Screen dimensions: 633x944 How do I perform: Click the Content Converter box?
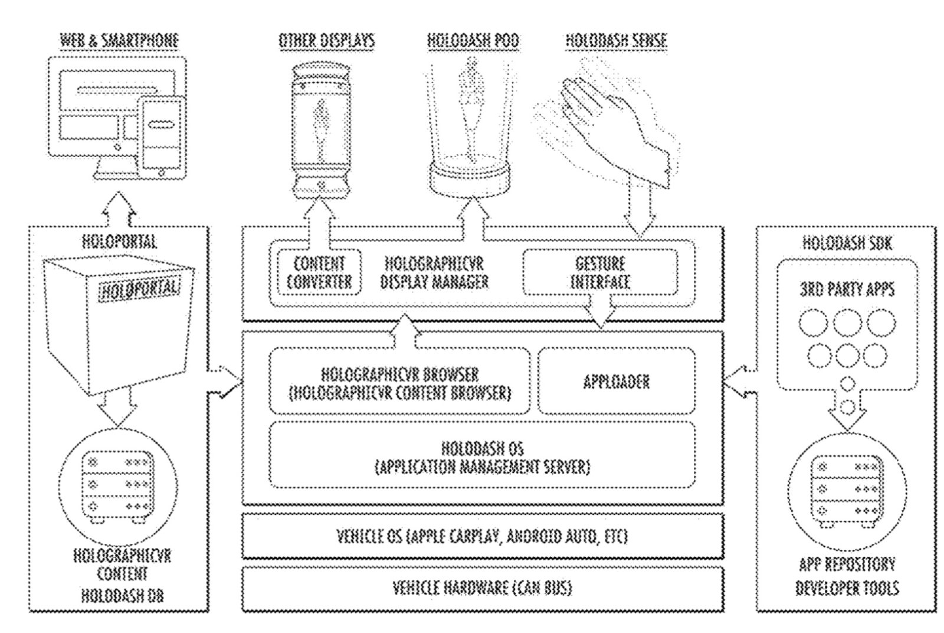[319, 272]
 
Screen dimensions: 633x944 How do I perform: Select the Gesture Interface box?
[599, 272]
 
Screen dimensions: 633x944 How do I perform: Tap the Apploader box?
[617, 381]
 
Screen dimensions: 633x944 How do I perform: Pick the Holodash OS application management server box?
[482, 456]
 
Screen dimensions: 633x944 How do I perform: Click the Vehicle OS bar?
[482, 536]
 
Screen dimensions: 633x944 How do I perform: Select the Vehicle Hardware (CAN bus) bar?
[482, 588]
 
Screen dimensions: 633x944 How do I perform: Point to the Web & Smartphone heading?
[119, 41]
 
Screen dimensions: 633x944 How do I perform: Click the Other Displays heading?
[326, 41]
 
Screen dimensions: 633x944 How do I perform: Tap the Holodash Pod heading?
[473, 41]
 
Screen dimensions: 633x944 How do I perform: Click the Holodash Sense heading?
[617, 41]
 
